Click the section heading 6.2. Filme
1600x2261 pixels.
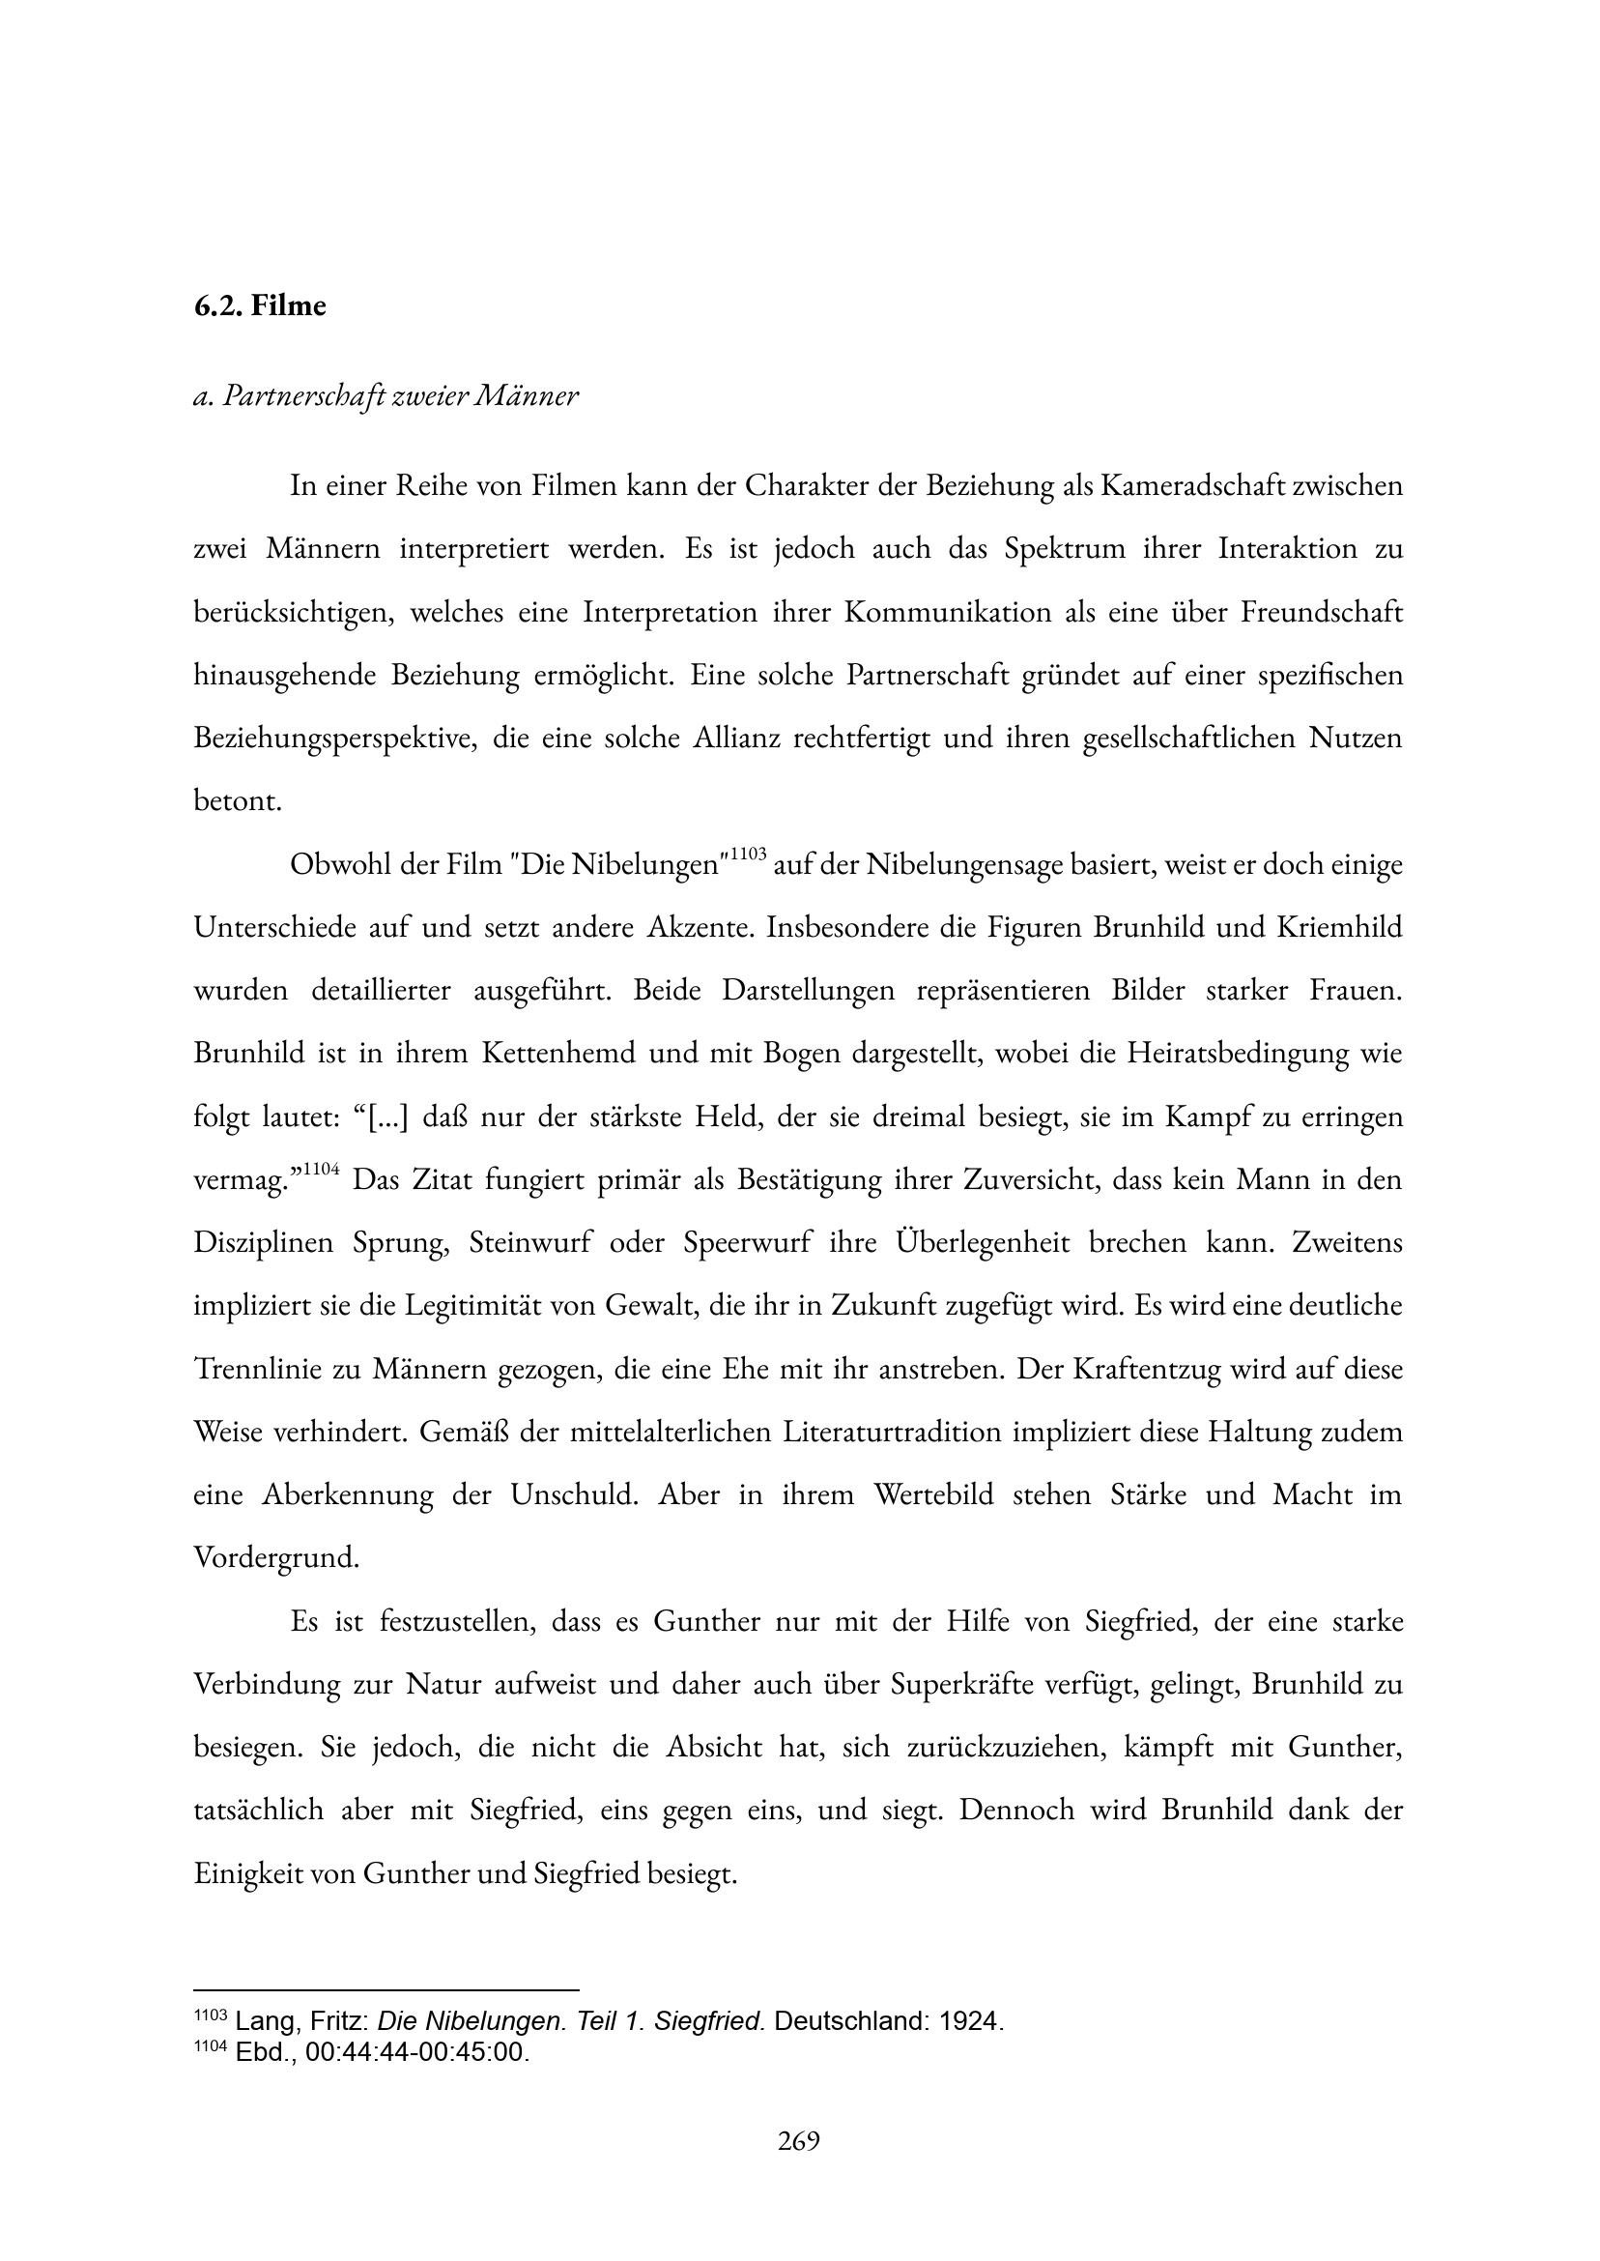coord(259,305)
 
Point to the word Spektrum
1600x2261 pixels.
coord(1064,549)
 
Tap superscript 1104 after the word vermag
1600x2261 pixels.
coord(321,1169)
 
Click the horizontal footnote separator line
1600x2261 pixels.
coord(386,1990)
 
